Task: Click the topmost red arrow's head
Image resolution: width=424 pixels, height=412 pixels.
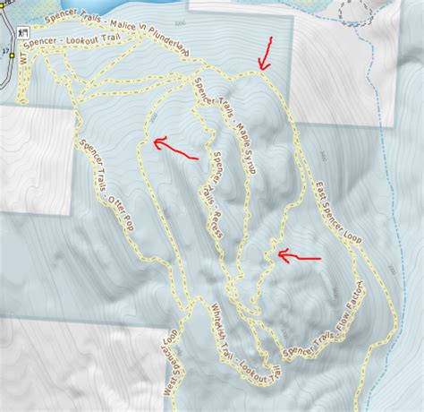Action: (x=261, y=67)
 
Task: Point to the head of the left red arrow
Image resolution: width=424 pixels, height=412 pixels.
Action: (x=155, y=141)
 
